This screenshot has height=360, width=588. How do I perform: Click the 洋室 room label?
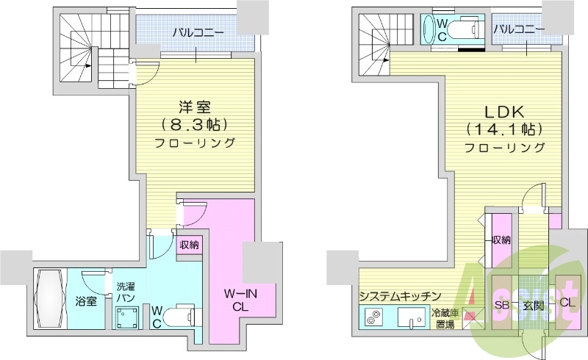pyautogui.click(x=194, y=106)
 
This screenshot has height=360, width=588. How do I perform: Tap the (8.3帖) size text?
pyautogui.click(x=194, y=123)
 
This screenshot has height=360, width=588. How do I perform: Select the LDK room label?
pyautogui.click(x=503, y=112)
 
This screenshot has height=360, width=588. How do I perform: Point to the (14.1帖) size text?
pyautogui.click(x=503, y=129)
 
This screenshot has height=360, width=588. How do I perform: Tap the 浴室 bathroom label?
pyautogui.click(x=87, y=301)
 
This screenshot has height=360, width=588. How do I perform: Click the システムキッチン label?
pyautogui.click(x=400, y=295)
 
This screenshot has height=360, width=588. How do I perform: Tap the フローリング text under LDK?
pyautogui.click(x=503, y=148)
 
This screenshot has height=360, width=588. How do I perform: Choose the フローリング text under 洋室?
pyautogui.click(x=194, y=142)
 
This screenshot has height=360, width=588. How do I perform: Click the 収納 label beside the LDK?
pyautogui.click(x=502, y=240)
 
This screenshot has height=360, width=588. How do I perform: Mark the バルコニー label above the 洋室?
pyautogui.click(x=194, y=32)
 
